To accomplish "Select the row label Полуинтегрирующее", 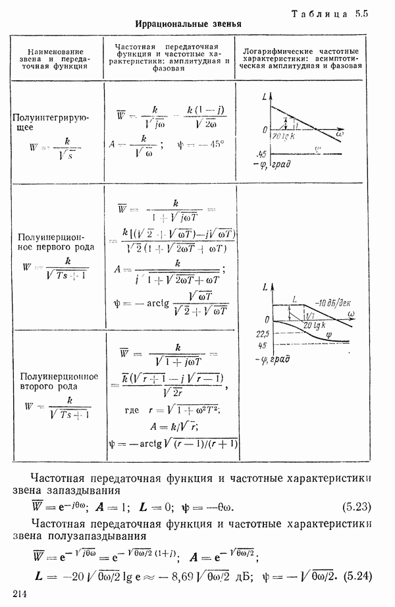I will pyautogui.click(x=51, y=122).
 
